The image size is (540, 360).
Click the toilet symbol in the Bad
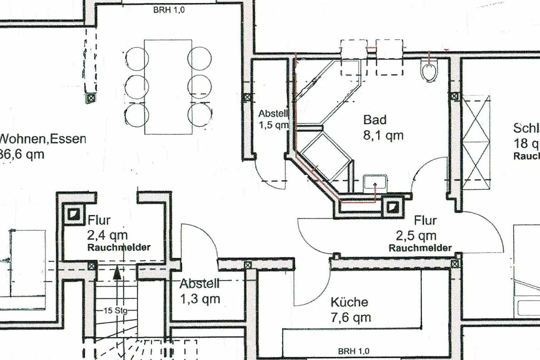point(430,72)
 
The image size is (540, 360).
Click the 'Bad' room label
point(375,120)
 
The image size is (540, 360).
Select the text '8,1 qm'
point(383,135)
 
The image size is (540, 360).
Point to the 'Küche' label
point(349,302)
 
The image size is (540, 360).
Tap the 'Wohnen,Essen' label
point(43,138)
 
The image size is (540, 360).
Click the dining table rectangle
point(168,86)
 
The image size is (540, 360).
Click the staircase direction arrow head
point(117,271)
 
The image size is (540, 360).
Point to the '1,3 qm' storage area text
point(200,298)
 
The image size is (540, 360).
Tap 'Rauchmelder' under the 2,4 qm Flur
point(119,247)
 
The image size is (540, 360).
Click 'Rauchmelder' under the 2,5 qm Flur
point(420,248)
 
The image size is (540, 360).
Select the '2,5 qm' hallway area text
point(416,236)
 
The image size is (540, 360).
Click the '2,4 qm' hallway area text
point(108,235)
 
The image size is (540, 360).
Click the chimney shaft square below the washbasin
point(392,206)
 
